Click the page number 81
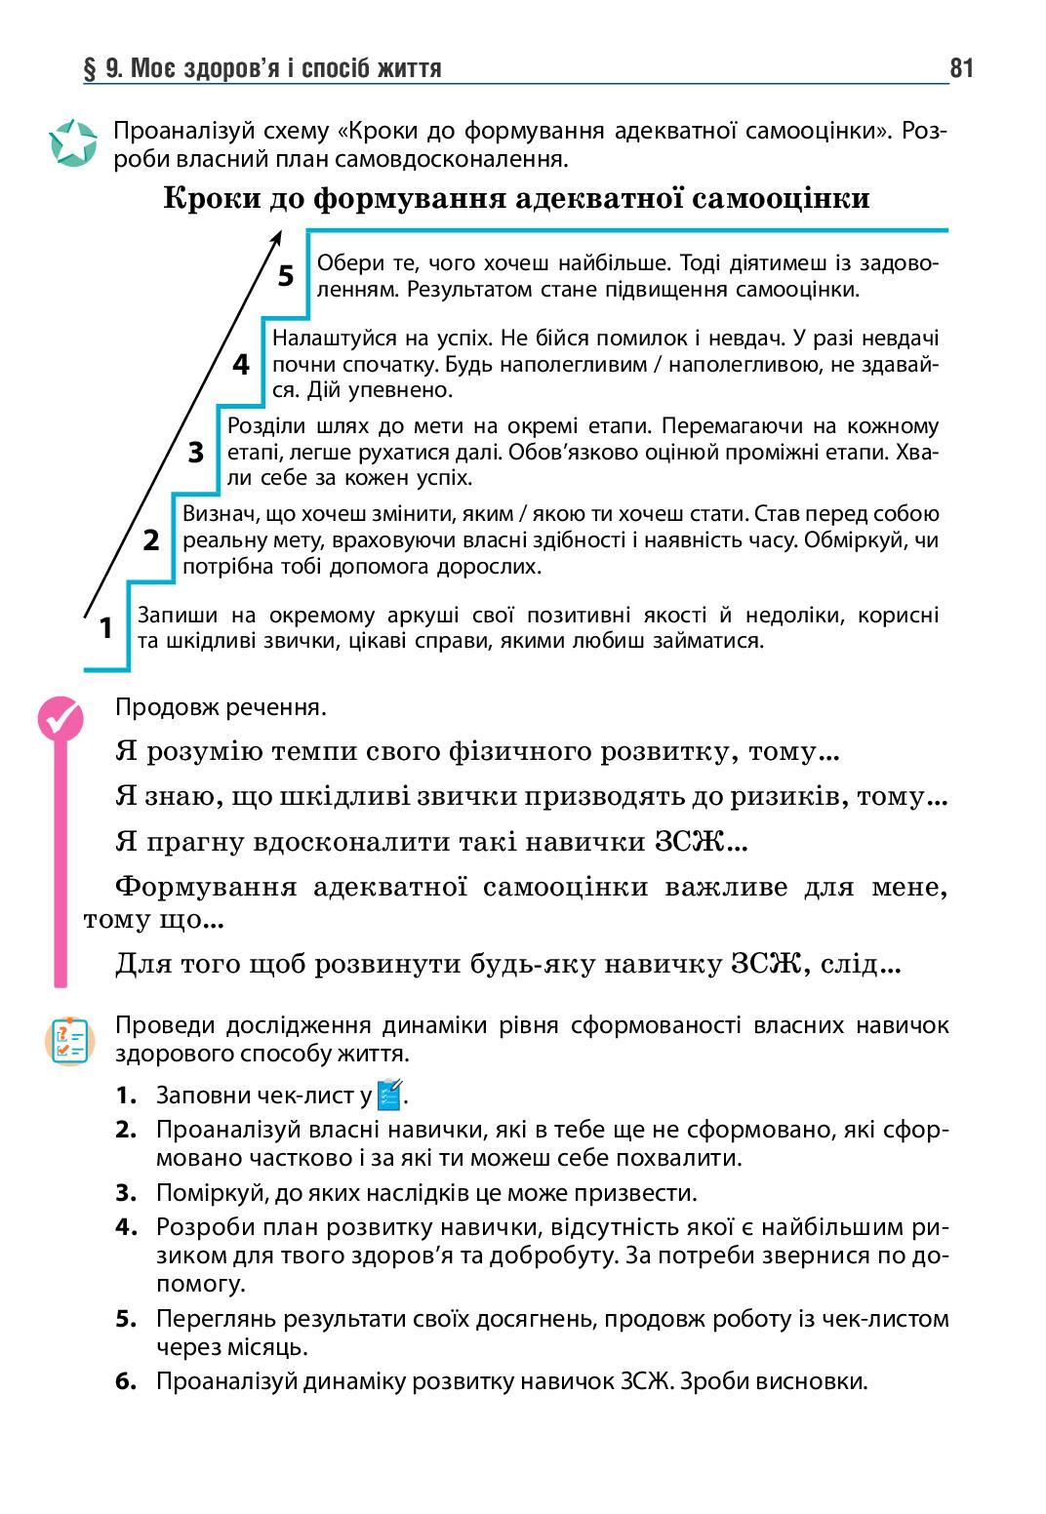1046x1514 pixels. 960,68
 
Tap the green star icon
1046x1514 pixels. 73,143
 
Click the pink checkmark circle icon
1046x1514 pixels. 60,719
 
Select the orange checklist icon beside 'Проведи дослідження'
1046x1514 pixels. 68,1041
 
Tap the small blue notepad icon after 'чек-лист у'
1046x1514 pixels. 389,1095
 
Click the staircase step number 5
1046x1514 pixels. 285,276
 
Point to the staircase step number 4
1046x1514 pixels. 241,365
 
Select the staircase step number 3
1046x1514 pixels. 196,453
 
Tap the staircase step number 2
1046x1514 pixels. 151,539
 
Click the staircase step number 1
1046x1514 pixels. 106,628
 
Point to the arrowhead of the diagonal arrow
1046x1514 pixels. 277,237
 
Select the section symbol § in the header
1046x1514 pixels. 90,68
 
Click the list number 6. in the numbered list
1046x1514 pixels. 125,1381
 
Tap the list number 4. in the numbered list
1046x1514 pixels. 125,1227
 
